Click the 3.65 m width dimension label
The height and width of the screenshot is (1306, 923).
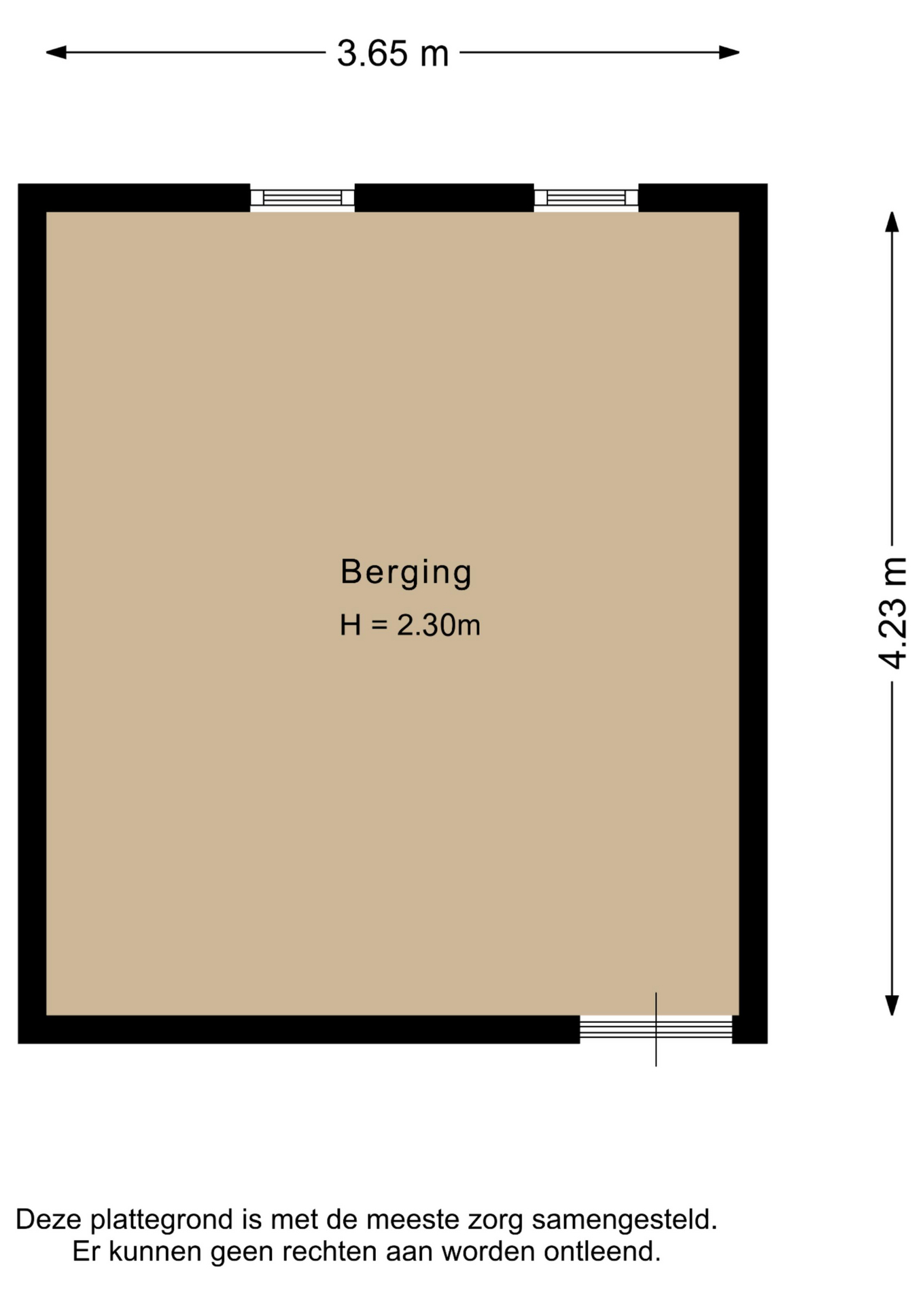click(x=393, y=53)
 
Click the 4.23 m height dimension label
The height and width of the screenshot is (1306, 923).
click(x=892, y=613)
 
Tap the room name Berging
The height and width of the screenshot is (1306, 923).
click(x=406, y=572)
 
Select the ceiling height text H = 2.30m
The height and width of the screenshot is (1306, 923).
click(x=410, y=625)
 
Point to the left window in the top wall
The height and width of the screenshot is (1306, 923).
click(x=302, y=198)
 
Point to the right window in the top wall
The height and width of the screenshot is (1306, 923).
click(x=586, y=198)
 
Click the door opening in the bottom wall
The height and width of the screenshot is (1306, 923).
click(x=656, y=1029)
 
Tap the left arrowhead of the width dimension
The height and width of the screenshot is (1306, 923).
click(x=56, y=52)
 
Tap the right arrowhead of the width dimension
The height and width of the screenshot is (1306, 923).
click(x=729, y=52)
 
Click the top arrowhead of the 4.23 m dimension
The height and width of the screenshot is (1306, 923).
click(x=892, y=222)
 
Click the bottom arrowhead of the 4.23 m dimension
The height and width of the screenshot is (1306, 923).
click(x=892, y=1005)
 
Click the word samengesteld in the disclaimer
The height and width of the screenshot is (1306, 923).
click(x=624, y=1220)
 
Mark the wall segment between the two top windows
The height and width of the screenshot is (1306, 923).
click(x=444, y=198)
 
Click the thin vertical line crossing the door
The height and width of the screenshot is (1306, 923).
click(x=656, y=1029)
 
